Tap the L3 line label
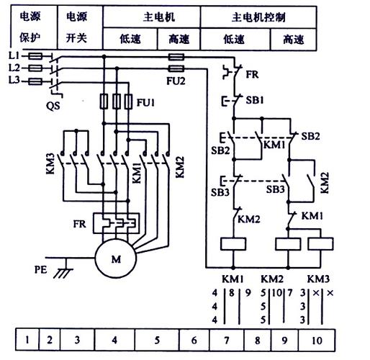[13, 81]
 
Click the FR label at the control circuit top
[252, 73]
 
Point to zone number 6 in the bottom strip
[194, 336]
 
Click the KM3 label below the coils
[318, 278]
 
